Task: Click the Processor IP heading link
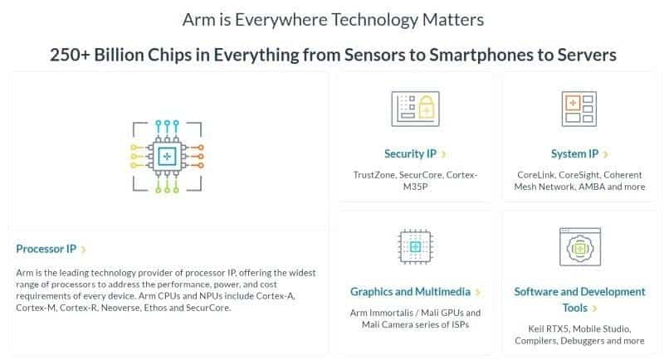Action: coord(46,249)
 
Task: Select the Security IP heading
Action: coord(410,153)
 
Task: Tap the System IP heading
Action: coord(574,153)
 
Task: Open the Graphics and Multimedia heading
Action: coord(410,291)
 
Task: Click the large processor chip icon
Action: coord(167,157)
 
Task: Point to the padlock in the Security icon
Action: coord(427,106)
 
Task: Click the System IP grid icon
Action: coord(579,109)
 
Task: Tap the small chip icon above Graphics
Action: coord(416,246)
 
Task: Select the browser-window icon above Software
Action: coord(579,246)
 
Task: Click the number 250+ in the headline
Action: coord(70,55)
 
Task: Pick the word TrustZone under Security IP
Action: coord(374,175)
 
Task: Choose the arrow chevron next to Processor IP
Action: coord(84,250)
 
